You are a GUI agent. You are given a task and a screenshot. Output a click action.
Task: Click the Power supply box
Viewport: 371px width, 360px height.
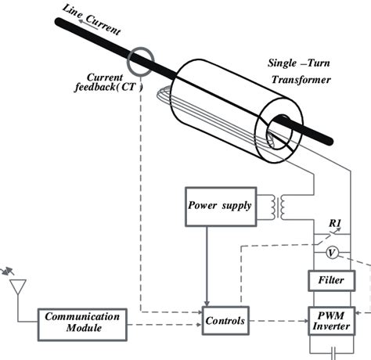click(x=219, y=207)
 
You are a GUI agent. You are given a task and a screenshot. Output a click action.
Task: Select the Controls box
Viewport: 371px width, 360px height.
click(x=226, y=321)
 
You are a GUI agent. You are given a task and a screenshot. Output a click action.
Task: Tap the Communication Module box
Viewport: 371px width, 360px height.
click(x=83, y=322)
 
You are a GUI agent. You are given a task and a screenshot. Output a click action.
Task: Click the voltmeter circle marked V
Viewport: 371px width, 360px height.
click(x=331, y=252)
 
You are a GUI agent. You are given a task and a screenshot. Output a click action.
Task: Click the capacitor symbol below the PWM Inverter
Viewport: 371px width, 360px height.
click(x=333, y=354)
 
